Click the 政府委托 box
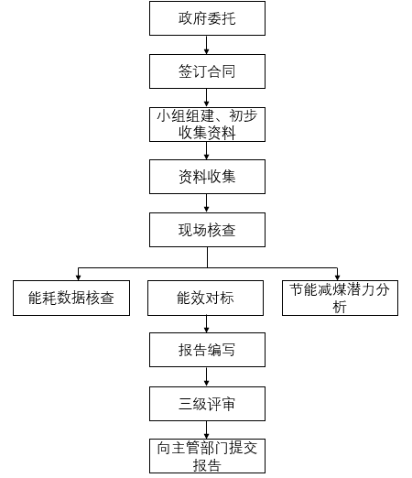click(x=207, y=18)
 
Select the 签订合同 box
click(x=207, y=71)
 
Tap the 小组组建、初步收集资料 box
click(x=207, y=125)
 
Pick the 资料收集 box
click(x=207, y=177)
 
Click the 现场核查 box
click(x=207, y=230)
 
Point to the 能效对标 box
click(x=207, y=299)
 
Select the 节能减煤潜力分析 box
click(x=340, y=299)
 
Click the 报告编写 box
click(x=207, y=351)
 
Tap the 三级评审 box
click(x=207, y=404)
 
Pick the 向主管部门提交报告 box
click(x=207, y=456)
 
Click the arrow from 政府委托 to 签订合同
click(x=207, y=45)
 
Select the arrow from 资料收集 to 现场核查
click(x=207, y=203)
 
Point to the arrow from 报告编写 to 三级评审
click(x=207, y=377)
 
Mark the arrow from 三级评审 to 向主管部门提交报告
click(x=207, y=430)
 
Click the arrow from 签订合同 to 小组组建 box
click(x=207, y=98)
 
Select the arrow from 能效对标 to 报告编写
click(x=207, y=325)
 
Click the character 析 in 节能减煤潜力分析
click(x=340, y=308)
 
